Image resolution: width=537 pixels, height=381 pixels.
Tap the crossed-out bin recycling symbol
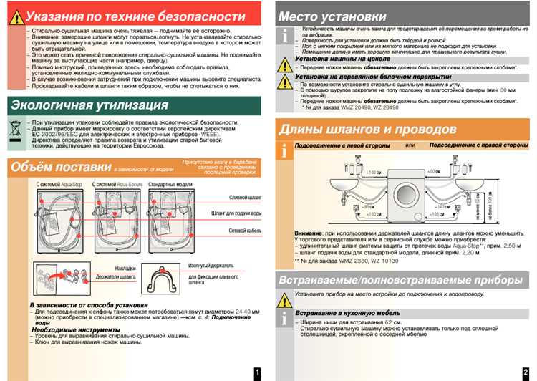pos(16,131)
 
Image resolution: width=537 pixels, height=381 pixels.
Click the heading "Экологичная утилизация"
pos(89,105)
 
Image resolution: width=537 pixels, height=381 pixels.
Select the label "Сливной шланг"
pos(243,196)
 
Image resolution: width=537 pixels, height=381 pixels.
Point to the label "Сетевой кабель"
pos(243,231)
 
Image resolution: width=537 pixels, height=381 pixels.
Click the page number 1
pos(257,372)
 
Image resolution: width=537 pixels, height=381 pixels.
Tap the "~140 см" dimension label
pos(372,173)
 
